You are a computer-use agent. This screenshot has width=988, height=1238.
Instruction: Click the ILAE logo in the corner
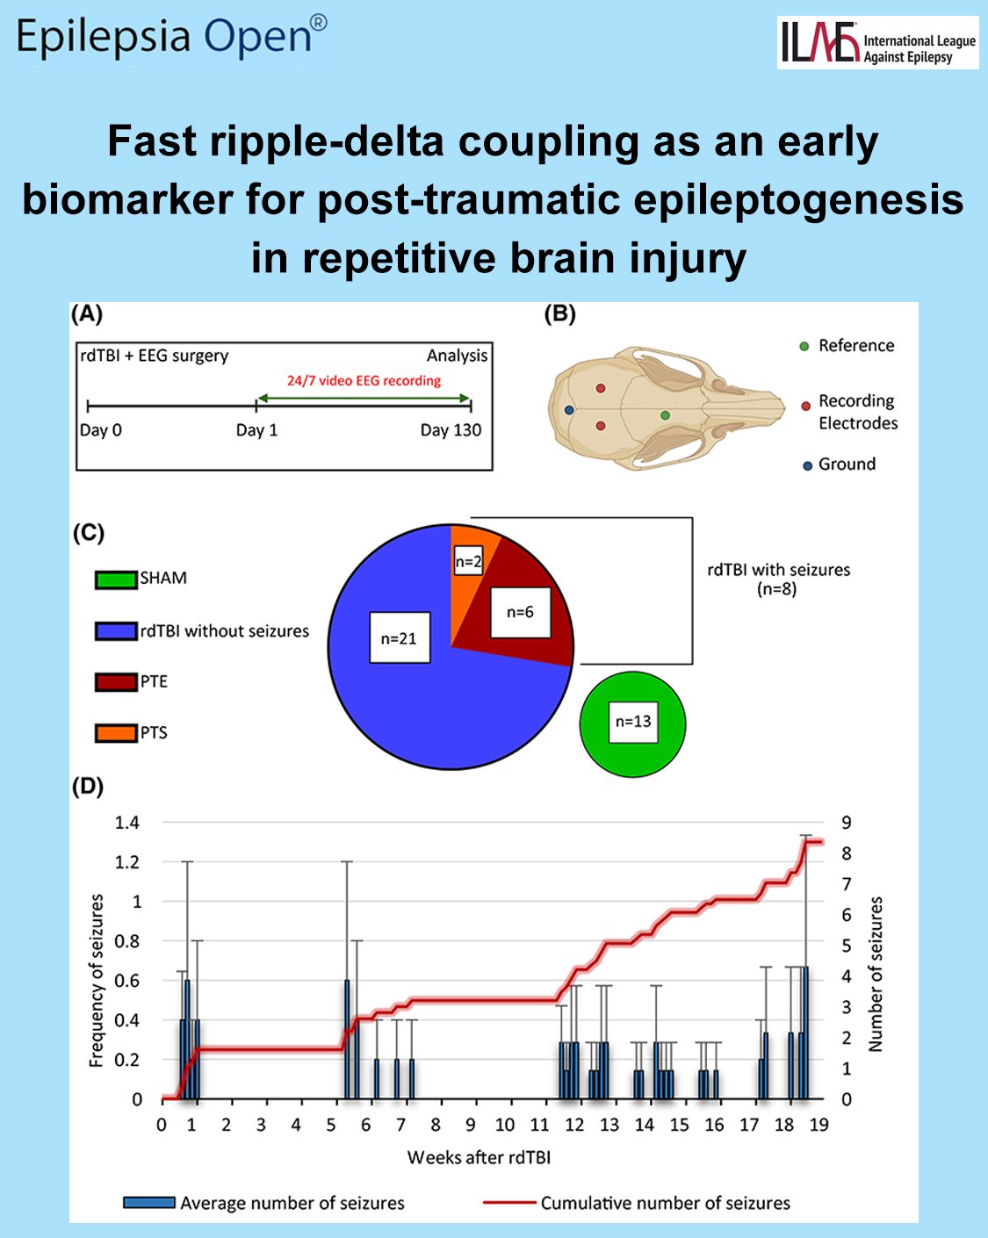coord(876,42)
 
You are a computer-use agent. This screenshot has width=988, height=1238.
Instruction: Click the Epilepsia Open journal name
coord(171,37)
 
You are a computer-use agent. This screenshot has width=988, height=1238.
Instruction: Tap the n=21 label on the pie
coord(400,637)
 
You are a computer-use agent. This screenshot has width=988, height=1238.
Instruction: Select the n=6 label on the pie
coord(520,612)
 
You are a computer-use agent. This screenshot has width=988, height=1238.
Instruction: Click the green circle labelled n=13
coord(632,723)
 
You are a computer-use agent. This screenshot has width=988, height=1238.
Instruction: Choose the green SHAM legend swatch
coord(116,579)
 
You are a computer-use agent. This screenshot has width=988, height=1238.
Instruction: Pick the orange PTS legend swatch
coord(116,733)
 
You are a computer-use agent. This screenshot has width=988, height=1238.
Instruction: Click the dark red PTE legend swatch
coord(116,681)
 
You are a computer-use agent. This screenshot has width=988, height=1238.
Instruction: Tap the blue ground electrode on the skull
coord(569,410)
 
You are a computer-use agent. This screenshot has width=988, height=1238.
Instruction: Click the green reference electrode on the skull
coord(665,415)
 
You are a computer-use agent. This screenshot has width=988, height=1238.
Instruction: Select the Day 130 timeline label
coord(451,430)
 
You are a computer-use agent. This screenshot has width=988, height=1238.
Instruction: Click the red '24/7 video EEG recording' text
coord(364,381)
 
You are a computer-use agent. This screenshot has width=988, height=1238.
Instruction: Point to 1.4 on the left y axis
coord(127,823)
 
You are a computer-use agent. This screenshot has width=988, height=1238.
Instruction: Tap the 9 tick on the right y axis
coord(846,823)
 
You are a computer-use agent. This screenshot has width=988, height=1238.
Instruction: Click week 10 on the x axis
coord(505,1126)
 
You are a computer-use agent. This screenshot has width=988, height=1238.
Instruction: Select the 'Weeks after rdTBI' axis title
coord(479,1157)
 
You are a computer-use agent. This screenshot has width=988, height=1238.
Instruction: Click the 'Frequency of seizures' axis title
coord(97,981)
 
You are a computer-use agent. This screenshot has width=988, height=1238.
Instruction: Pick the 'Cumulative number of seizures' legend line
coord(509,1203)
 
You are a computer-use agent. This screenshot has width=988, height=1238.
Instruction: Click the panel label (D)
coord(88,787)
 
